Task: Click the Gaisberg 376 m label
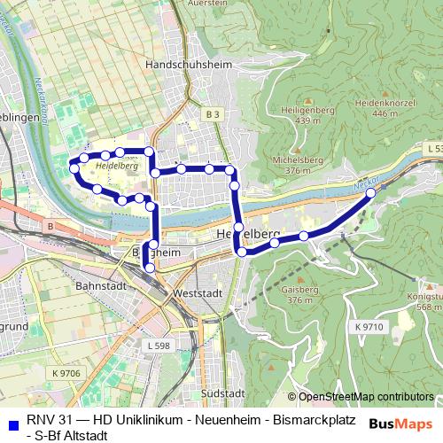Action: click(x=299, y=294)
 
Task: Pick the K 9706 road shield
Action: click(x=66, y=374)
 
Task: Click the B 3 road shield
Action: click(x=210, y=114)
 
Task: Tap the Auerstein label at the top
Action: click(x=209, y=3)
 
